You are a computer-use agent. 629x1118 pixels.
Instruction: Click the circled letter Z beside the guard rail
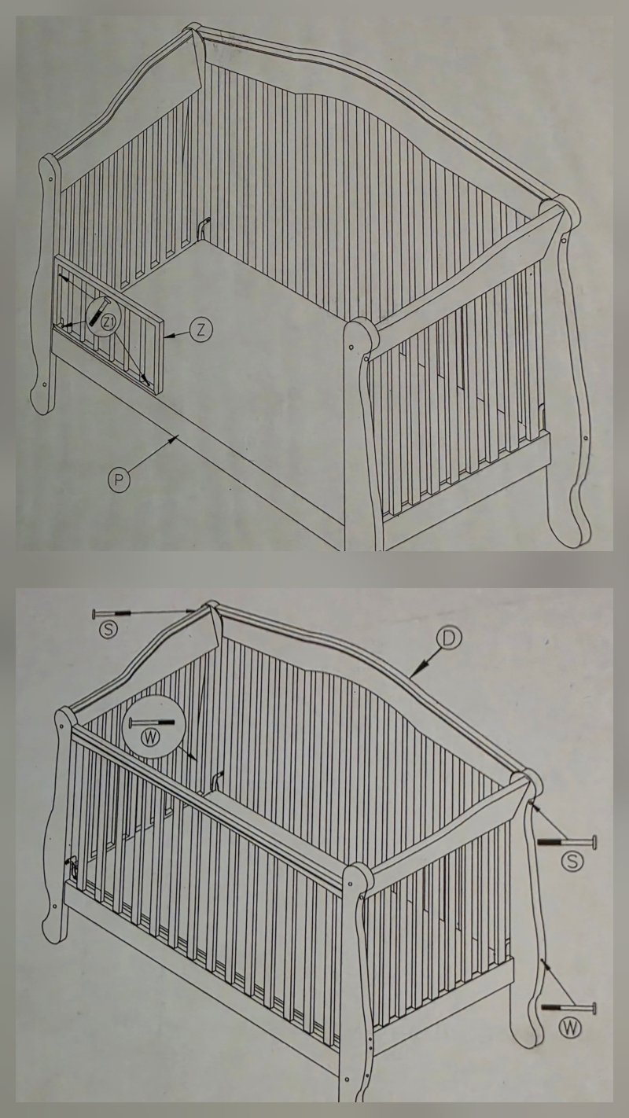click(200, 330)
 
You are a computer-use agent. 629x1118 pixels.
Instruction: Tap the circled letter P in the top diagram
click(119, 480)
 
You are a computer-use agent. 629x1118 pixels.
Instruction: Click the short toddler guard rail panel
click(108, 325)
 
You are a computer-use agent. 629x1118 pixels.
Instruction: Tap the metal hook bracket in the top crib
click(203, 229)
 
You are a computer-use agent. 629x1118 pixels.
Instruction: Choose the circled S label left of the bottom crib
click(109, 629)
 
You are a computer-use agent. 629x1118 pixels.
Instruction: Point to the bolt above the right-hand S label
click(567, 842)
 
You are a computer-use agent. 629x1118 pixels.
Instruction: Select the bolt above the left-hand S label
click(112, 613)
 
